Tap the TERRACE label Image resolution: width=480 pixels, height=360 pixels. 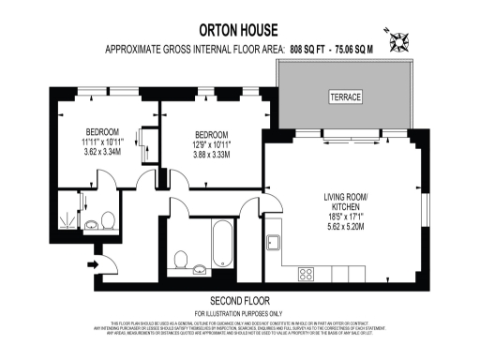(343, 97)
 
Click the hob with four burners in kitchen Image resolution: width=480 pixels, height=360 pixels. (306, 274)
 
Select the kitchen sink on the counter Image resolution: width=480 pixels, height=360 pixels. (274, 241)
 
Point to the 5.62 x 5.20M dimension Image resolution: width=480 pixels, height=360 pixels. (347, 226)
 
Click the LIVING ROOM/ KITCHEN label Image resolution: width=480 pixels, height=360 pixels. (347, 202)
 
